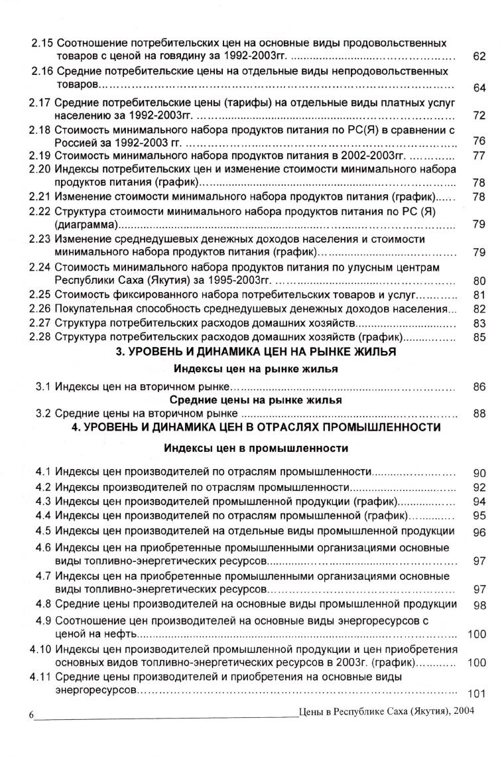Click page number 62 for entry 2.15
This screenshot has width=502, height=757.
point(479,56)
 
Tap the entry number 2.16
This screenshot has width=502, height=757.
point(43,70)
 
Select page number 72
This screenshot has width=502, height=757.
point(479,115)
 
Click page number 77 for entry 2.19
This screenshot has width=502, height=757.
point(479,156)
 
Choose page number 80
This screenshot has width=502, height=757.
point(479,280)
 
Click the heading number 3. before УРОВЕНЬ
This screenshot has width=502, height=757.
point(120,352)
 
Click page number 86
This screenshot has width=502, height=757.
point(479,387)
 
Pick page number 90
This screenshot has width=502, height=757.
point(479,473)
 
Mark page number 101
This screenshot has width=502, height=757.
point(477,694)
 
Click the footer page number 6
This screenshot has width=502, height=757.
point(31,716)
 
